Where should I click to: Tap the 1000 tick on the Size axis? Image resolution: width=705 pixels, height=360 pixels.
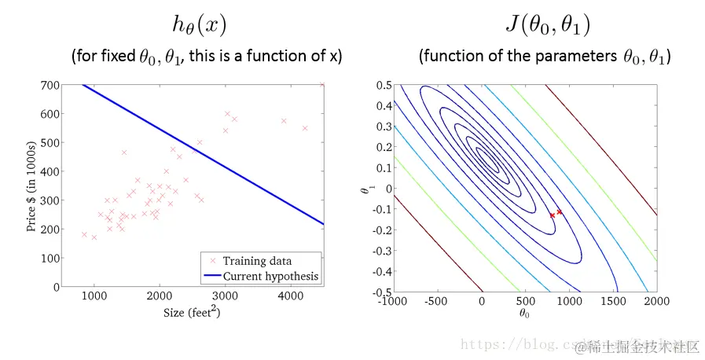[94, 296]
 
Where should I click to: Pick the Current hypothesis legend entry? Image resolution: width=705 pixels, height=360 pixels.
[271, 276]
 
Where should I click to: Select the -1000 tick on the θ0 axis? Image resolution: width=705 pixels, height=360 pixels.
[395, 300]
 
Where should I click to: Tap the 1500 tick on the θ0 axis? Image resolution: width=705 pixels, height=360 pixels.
[612, 300]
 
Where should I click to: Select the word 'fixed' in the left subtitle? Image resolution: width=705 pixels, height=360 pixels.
[117, 57]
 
